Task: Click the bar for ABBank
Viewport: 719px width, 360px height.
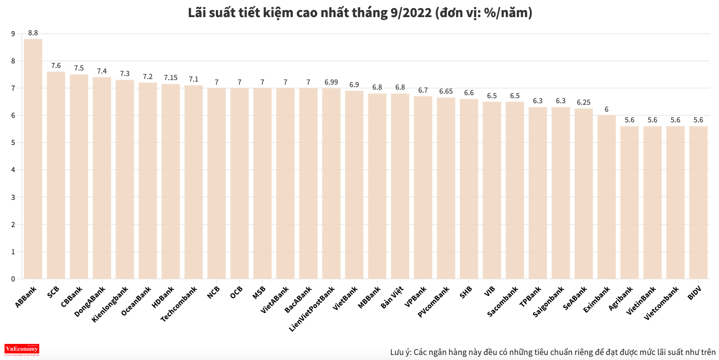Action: click(x=33, y=159)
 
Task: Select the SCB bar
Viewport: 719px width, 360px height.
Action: click(x=56, y=175)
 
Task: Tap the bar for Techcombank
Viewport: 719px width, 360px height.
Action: click(x=194, y=182)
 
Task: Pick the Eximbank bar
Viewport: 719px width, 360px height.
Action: click(x=606, y=197)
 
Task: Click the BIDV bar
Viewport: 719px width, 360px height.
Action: click(x=698, y=202)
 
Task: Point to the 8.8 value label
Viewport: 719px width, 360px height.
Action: click(x=33, y=33)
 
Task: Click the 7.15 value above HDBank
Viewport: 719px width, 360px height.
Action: click(x=171, y=78)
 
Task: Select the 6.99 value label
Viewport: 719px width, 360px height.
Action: click(x=331, y=82)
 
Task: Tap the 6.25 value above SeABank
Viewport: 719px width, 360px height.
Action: click(x=584, y=102)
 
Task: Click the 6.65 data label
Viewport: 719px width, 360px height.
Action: click(x=446, y=91)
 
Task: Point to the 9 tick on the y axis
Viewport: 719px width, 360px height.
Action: click(x=13, y=34)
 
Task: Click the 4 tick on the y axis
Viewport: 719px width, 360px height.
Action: click(x=13, y=170)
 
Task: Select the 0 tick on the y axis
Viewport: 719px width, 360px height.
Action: click(x=13, y=278)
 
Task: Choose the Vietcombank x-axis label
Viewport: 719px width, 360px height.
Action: click(x=662, y=303)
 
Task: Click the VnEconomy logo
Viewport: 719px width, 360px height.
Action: click(x=22, y=349)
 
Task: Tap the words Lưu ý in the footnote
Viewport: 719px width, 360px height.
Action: click(x=400, y=351)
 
